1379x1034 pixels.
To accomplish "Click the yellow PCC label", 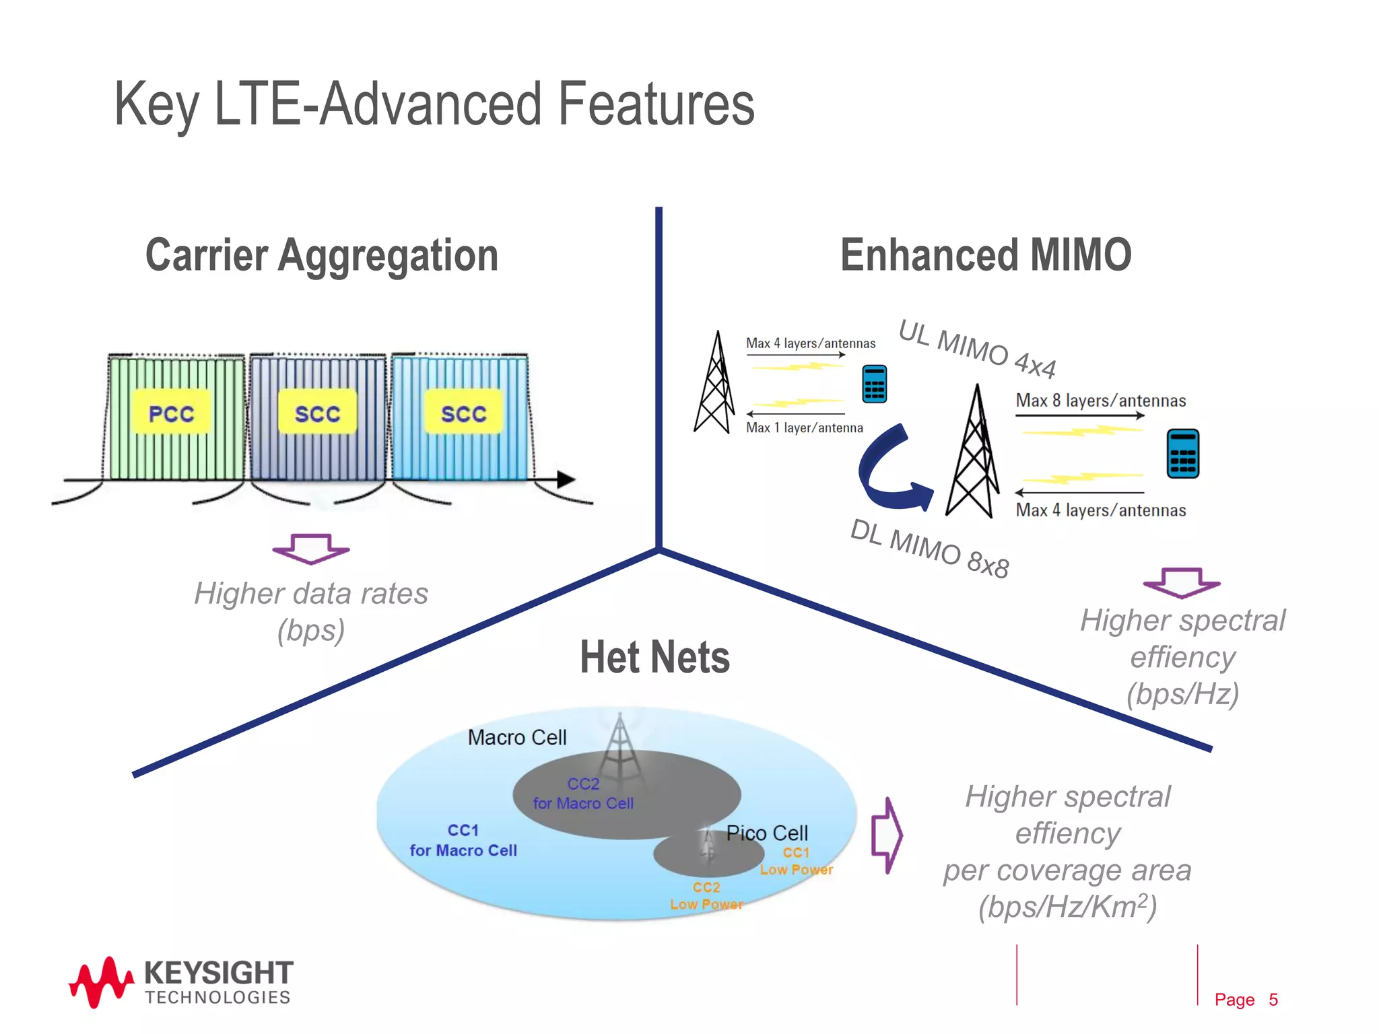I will [x=171, y=412].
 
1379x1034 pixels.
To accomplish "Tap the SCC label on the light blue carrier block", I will [x=463, y=412].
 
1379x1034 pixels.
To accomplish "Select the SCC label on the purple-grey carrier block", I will [x=317, y=412].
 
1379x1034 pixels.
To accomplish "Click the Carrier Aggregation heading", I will [x=322, y=255].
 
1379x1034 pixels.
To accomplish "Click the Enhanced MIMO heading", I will [x=986, y=255].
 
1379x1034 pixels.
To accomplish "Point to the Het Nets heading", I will [x=654, y=658].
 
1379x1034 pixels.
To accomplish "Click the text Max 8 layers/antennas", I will [x=1100, y=401].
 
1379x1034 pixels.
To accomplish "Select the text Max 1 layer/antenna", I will [x=804, y=427].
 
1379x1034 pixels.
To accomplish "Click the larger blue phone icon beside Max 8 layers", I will [x=1182, y=453].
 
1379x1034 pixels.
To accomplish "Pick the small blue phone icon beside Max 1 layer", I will [x=874, y=384].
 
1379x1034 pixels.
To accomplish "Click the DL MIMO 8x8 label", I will [x=929, y=548].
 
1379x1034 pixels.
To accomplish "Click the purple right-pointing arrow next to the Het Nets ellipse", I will [x=887, y=835].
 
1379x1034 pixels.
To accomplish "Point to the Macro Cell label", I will [x=517, y=738].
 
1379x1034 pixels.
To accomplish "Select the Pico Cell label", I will [x=767, y=833].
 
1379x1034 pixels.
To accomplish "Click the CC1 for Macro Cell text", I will [x=463, y=840].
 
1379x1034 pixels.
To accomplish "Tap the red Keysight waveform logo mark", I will [x=101, y=982].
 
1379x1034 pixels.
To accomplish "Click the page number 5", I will [x=1273, y=1000].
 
